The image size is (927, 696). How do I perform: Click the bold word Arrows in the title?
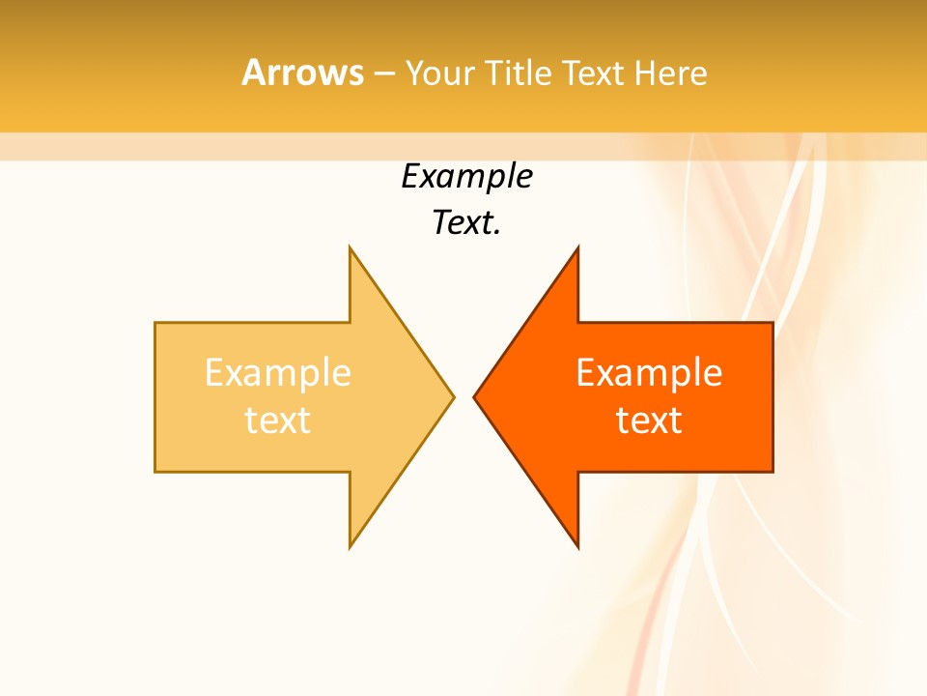pyautogui.click(x=302, y=72)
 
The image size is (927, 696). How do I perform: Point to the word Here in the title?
pyautogui.click(x=671, y=72)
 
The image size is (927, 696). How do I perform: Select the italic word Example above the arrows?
pyautogui.click(x=466, y=177)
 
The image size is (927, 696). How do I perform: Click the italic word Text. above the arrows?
pyautogui.click(x=466, y=223)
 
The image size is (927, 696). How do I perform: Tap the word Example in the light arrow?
pyautogui.click(x=277, y=372)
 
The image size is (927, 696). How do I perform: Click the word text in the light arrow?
pyautogui.click(x=277, y=420)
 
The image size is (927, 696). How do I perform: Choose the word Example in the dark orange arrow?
pyautogui.click(x=649, y=372)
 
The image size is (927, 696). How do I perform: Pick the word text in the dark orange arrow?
pyautogui.click(x=649, y=420)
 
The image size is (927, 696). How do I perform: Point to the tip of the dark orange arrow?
pyautogui.click(x=475, y=396)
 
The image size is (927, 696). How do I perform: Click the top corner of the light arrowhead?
pyautogui.click(x=351, y=248)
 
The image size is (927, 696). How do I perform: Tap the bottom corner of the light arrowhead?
pyautogui.click(x=351, y=546)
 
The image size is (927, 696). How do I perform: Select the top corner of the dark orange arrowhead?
pyautogui.click(x=577, y=248)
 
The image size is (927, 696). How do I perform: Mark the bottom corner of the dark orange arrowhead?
pyautogui.click(x=577, y=546)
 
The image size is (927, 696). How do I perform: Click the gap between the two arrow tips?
pyautogui.click(x=463, y=396)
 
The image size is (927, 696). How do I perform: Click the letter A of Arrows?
pyautogui.click(x=253, y=72)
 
